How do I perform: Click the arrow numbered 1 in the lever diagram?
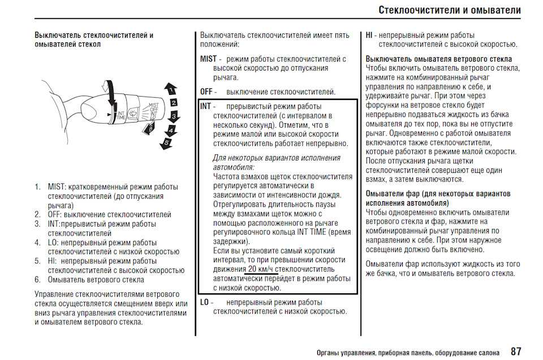(x=171, y=89)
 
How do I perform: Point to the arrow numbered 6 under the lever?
(x=149, y=128)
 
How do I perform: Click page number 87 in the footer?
(x=516, y=351)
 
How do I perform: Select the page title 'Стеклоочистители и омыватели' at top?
(x=450, y=10)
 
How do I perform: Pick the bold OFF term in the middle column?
(x=207, y=92)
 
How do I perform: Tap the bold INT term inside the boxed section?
(x=205, y=106)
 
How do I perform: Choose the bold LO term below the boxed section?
(x=205, y=302)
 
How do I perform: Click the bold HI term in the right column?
(x=370, y=35)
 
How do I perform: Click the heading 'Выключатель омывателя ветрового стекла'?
(x=438, y=59)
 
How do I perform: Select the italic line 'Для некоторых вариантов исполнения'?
(x=276, y=158)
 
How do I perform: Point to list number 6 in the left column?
(x=37, y=279)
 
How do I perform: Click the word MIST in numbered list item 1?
(x=56, y=187)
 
